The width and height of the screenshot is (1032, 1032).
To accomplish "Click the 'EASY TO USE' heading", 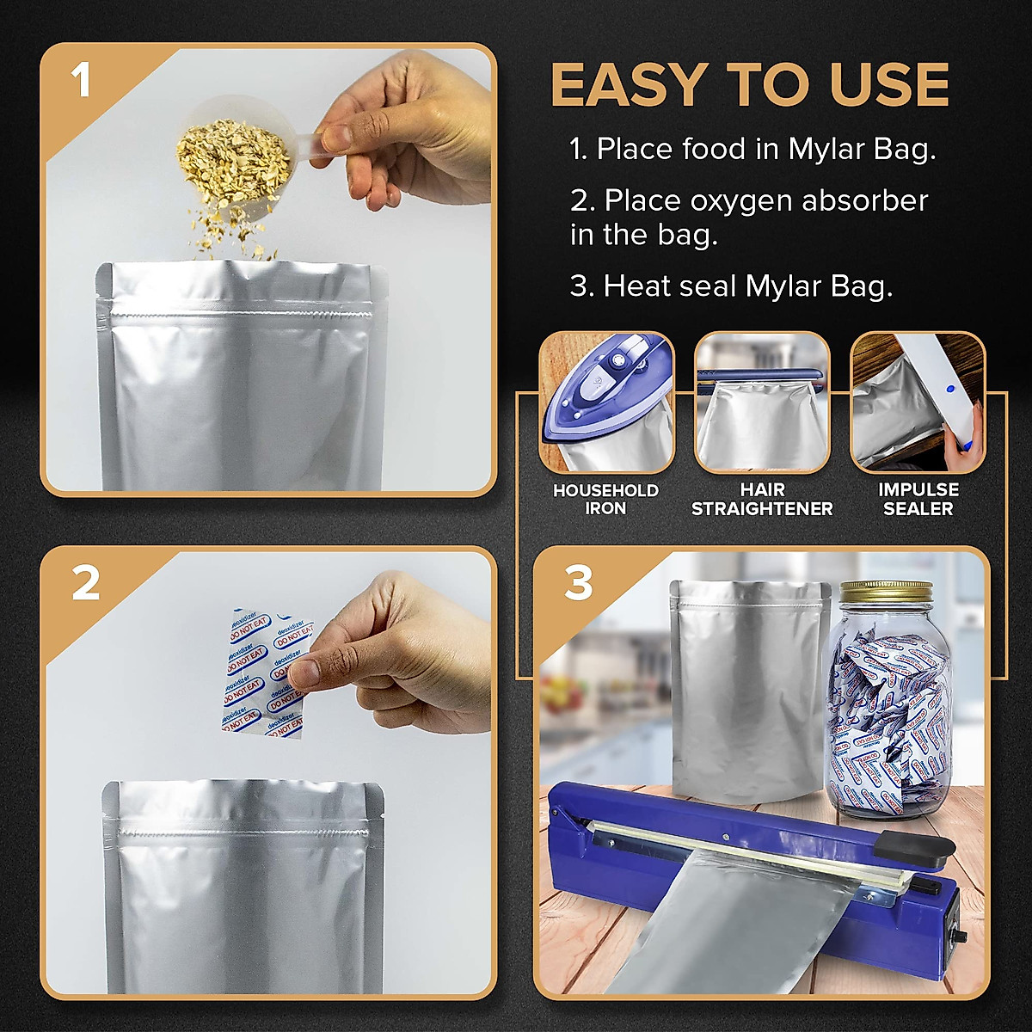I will tap(749, 85).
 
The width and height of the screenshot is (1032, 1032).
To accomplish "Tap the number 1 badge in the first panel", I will tap(81, 82).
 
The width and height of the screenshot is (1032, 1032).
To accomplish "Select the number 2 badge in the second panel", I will tap(85, 584).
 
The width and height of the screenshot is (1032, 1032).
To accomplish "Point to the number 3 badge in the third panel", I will tap(578, 584).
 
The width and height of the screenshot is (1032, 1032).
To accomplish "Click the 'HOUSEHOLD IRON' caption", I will tap(605, 500).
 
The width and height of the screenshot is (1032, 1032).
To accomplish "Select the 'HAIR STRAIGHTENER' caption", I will tap(762, 500).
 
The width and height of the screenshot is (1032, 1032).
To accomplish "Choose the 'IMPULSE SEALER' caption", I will tap(918, 500).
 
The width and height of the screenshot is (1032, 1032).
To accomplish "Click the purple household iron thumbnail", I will tap(607, 402).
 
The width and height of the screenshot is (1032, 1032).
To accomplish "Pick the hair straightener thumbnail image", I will tap(762, 402).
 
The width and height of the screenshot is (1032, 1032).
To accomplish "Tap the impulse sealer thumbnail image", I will tap(918, 402).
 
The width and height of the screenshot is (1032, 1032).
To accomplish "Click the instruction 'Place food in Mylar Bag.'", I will tap(752, 149).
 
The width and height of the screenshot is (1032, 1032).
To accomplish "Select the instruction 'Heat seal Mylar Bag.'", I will tap(731, 286).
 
